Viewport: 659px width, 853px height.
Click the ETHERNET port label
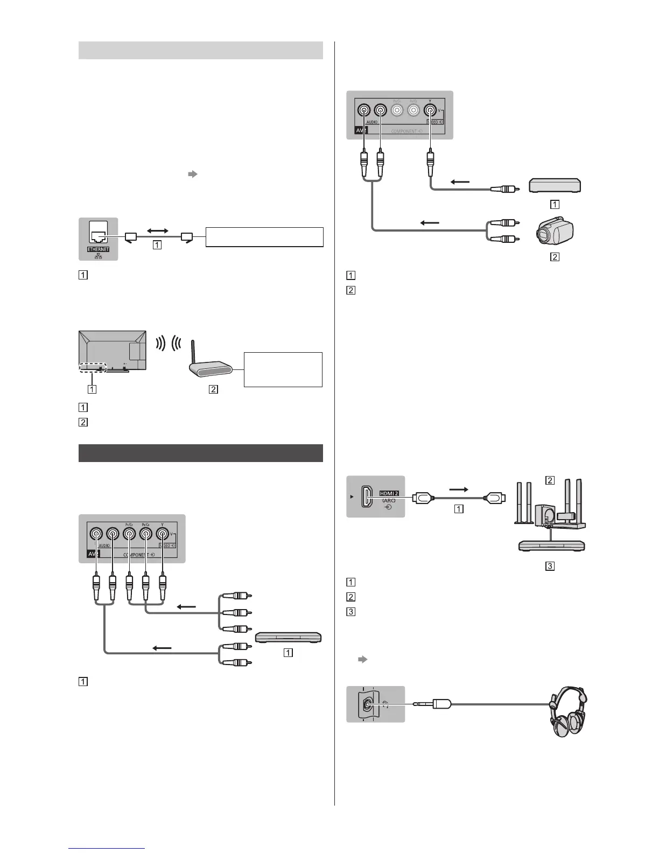97,249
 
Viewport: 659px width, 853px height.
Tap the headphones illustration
567,711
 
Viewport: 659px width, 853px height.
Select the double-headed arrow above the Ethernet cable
157,229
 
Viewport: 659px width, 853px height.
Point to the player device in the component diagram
288,637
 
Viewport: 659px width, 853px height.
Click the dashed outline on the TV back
92,367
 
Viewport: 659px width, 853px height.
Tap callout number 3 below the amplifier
550,566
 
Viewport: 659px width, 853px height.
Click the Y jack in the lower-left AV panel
162,534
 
